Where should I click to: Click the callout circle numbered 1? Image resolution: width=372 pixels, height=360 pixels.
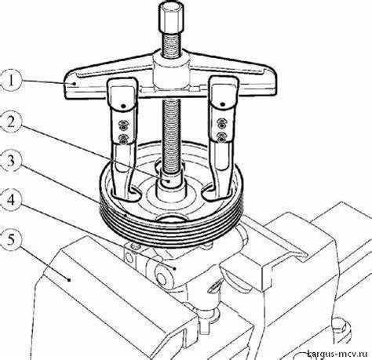[x=10, y=81]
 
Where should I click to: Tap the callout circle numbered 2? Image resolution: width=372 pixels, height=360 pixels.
[x=10, y=122]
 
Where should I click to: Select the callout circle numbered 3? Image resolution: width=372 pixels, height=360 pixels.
[x=10, y=161]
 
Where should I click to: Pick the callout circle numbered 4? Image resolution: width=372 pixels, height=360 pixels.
[x=10, y=201]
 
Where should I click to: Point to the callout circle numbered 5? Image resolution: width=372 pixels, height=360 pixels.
[x=10, y=240]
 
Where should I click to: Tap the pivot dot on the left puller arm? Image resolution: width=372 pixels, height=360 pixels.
[x=123, y=106]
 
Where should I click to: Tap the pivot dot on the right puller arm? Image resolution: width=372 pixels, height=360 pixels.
[x=222, y=104]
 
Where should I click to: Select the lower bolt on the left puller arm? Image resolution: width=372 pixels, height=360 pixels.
[x=122, y=139]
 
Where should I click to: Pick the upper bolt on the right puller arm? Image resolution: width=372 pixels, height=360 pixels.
[x=222, y=122]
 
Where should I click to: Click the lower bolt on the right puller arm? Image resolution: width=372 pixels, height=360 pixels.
[x=222, y=137]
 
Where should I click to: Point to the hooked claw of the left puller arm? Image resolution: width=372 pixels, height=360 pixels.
[x=126, y=194]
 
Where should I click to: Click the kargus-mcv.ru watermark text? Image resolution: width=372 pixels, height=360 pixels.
[x=337, y=354]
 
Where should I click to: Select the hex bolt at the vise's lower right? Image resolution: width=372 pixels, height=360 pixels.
[x=341, y=329]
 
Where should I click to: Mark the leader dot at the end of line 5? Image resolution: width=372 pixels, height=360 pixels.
[x=69, y=280]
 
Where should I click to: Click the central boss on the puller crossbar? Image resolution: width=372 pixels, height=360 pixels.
[x=171, y=72]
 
